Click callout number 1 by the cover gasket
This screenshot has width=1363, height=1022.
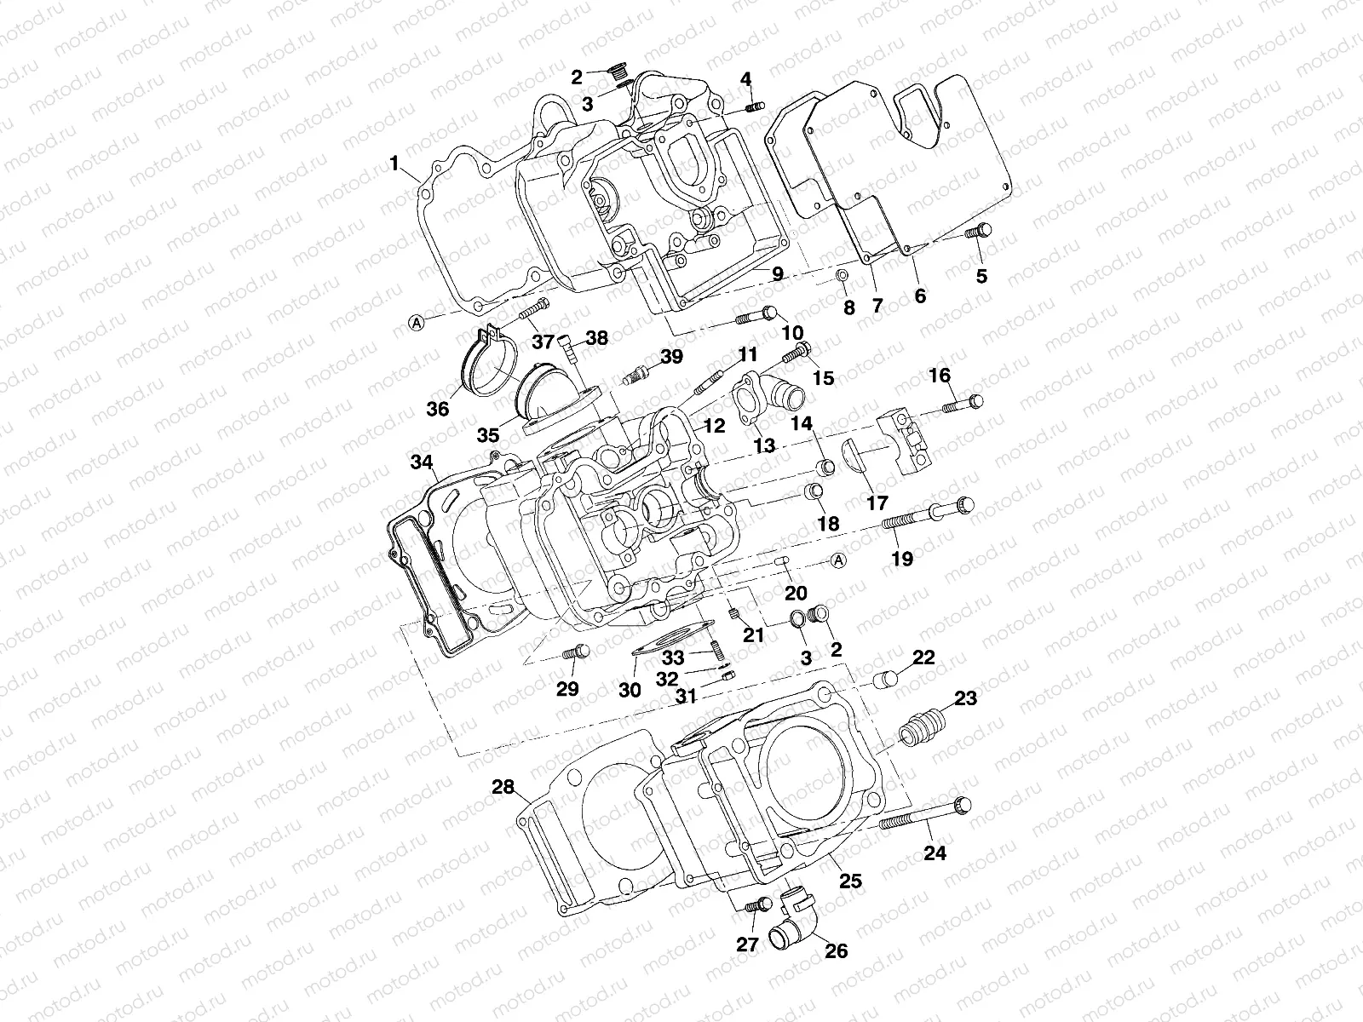pyautogui.click(x=394, y=162)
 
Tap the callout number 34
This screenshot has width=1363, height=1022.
pyautogui.click(x=421, y=463)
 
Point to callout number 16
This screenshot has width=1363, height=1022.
pyautogui.click(x=940, y=376)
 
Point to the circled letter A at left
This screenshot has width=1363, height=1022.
pyautogui.click(x=417, y=322)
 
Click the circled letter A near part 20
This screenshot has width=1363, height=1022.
pyautogui.click(x=838, y=560)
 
